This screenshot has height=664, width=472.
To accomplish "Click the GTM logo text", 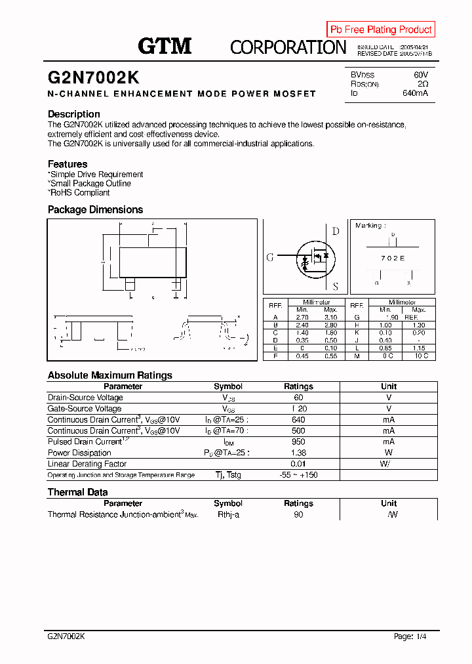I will click(165, 46).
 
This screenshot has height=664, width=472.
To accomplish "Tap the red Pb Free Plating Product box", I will click(381, 30).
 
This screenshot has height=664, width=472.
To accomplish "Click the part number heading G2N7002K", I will click(93, 77).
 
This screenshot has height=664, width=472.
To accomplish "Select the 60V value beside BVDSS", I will click(421, 75).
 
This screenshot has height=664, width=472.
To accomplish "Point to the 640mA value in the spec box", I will click(415, 93).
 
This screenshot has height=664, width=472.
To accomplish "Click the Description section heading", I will click(74, 114).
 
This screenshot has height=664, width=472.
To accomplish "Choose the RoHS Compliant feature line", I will click(79, 193).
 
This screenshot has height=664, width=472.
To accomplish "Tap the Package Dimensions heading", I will click(95, 210).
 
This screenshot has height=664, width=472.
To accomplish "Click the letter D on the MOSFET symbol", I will click(336, 231).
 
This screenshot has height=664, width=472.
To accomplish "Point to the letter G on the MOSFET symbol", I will click(269, 258).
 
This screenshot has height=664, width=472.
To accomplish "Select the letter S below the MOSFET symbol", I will click(336, 286).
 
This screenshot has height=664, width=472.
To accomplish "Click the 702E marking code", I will click(393, 259).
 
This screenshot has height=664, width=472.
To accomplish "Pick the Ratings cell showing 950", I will click(298, 442).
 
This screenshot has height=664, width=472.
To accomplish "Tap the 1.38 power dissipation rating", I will click(298, 453).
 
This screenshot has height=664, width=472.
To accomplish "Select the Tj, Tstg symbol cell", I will click(228, 474).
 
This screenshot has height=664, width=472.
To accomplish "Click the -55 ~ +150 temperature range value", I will click(298, 474).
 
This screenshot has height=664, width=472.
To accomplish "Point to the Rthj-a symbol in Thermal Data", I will click(228, 515).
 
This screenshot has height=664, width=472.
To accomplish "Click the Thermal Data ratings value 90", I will click(298, 515).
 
